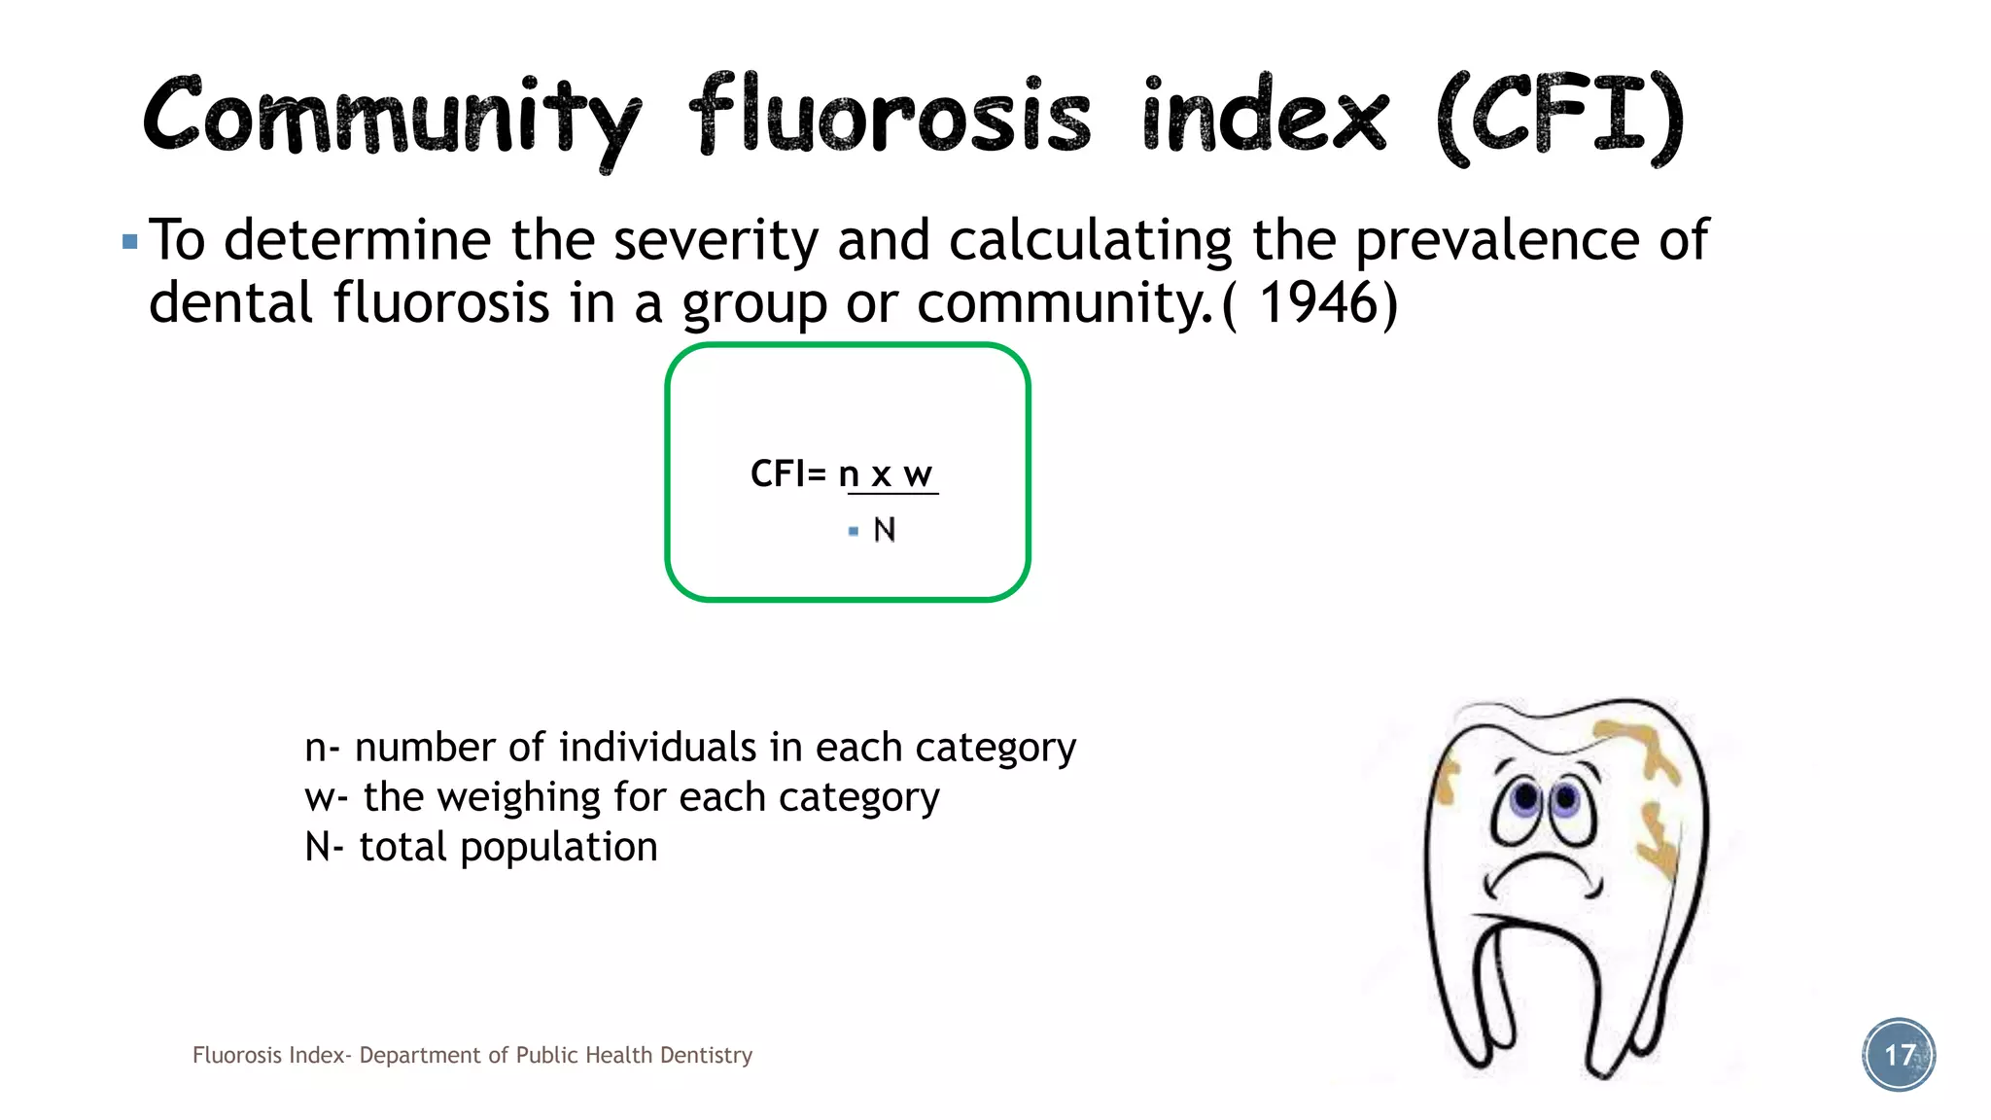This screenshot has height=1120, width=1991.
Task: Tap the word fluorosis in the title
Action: click(891, 117)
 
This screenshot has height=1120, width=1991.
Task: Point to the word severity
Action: click(716, 240)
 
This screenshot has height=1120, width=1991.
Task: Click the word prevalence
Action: click(1497, 240)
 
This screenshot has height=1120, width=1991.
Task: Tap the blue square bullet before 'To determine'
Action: click(130, 240)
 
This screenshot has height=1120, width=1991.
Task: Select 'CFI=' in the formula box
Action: click(787, 474)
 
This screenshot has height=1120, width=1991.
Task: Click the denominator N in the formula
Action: click(885, 530)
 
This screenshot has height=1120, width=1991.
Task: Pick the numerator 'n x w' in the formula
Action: click(886, 474)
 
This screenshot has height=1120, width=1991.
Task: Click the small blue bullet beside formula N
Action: click(854, 531)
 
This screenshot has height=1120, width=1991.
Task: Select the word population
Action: click(558, 847)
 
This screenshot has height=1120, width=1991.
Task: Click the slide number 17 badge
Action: click(1899, 1055)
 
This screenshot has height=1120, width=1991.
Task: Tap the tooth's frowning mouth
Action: click(1541, 870)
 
